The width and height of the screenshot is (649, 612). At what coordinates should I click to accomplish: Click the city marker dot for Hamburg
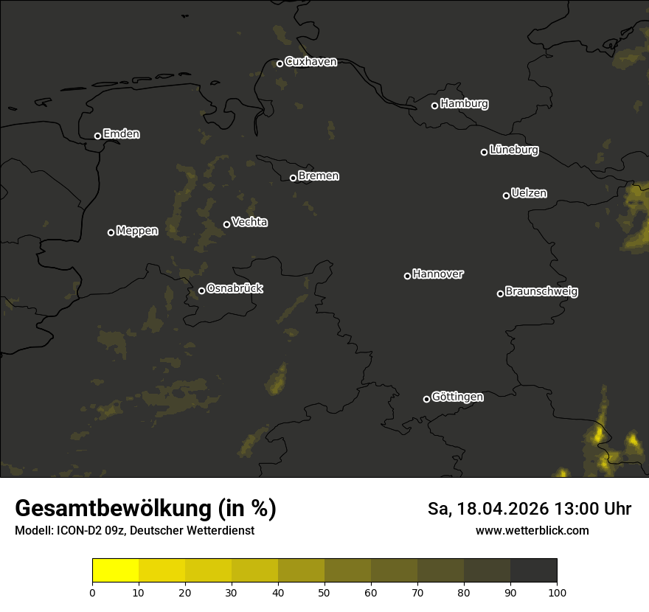(x=434, y=105)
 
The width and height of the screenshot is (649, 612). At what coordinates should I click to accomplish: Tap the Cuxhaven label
(x=310, y=62)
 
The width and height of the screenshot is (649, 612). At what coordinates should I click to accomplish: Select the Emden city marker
(x=97, y=136)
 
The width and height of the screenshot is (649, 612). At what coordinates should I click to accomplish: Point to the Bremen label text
(x=319, y=176)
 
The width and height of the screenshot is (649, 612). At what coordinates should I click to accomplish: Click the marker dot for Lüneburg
(x=484, y=152)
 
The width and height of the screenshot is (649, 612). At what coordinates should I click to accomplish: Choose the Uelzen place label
(x=529, y=193)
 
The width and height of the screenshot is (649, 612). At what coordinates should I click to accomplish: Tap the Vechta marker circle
(x=226, y=224)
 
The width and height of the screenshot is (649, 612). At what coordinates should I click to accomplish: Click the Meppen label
(x=137, y=231)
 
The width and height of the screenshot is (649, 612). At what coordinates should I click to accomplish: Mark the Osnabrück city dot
(x=201, y=291)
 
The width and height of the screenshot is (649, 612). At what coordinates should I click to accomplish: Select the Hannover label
(x=438, y=274)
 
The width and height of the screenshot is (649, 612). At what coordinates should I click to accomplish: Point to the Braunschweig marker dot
(x=500, y=293)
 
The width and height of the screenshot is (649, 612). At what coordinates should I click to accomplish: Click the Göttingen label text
(x=457, y=397)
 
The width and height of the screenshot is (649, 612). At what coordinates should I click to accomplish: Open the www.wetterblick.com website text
(x=532, y=531)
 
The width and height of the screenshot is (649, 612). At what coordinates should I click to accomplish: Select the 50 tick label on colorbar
(x=324, y=591)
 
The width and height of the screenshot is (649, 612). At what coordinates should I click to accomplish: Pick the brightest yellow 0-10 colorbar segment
(x=115, y=571)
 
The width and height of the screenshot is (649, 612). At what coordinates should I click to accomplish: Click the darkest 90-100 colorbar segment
(x=533, y=571)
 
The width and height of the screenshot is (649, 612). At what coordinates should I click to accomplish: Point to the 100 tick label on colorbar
(x=557, y=591)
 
